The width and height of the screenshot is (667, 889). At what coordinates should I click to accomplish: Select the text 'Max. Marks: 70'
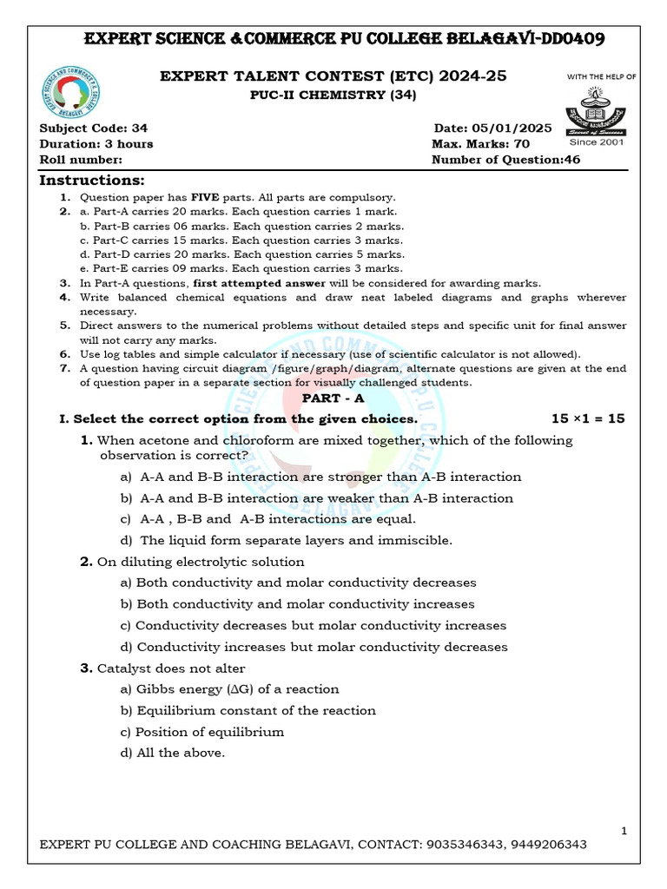click(480, 144)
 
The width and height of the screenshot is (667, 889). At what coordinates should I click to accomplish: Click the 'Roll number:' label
click(81, 160)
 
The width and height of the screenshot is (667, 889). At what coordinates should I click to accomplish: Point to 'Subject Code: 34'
click(94, 128)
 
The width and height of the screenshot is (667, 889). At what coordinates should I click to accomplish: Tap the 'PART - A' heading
click(333, 397)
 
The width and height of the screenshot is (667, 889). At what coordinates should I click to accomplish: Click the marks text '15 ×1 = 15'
click(588, 418)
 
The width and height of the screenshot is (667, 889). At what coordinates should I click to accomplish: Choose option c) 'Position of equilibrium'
click(202, 732)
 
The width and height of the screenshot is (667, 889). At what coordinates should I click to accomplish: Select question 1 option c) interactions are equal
click(268, 519)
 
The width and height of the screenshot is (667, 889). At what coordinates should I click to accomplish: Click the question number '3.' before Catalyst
click(86, 668)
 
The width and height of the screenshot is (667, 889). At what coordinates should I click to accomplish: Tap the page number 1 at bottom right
click(624, 832)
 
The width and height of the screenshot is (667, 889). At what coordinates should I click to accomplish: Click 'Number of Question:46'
click(505, 160)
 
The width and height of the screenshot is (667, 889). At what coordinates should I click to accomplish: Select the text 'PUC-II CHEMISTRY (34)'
click(333, 95)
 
